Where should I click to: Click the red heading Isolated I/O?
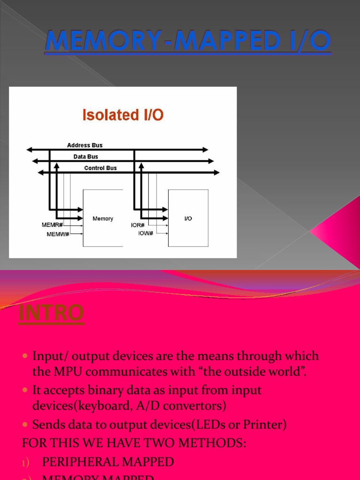[123, 114]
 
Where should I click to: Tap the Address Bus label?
[85, 145]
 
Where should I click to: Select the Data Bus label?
[86, 157]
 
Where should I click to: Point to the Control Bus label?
[100, 168]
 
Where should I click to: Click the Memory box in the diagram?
[103, 218]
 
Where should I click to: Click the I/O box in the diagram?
[188, 218]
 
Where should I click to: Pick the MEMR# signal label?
[52, 225]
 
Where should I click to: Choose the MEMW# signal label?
[58, 234]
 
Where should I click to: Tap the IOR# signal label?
[140, 225]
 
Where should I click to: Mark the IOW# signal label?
[146, 233]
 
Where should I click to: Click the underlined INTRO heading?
[51, 314]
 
